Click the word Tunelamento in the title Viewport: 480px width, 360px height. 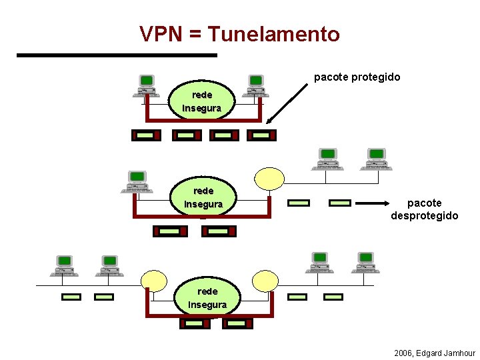click(274, 34)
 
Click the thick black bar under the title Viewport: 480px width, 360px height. click(117, 55)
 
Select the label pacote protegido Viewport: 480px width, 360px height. click(357, 77)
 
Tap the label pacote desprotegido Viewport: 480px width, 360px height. click(424, 209)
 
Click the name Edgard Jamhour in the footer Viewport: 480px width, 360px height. click(445, 353)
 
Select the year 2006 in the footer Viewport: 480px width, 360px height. click(403, 353)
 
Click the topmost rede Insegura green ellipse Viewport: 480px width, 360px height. click(202, 101)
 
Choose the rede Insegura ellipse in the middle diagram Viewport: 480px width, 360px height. click(203, 197)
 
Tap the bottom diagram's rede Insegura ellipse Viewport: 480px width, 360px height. click(207, 298)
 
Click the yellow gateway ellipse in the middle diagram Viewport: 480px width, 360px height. click(269, 178)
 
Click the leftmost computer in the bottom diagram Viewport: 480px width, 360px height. click(65, 265)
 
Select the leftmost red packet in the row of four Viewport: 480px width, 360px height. click(146, 135)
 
